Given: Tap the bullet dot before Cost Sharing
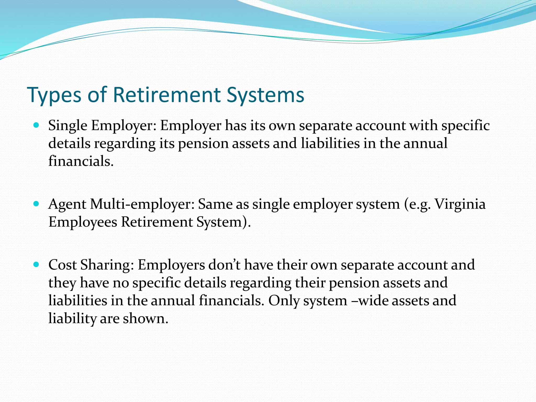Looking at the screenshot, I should pos(36,264).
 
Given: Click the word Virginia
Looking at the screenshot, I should pos(460,204).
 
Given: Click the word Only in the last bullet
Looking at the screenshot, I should pos(284,301).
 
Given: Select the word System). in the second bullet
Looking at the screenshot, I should pos(224,222).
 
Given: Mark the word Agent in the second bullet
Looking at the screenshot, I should pos(67,204).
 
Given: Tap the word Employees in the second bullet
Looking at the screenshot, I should pos(83,222).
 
